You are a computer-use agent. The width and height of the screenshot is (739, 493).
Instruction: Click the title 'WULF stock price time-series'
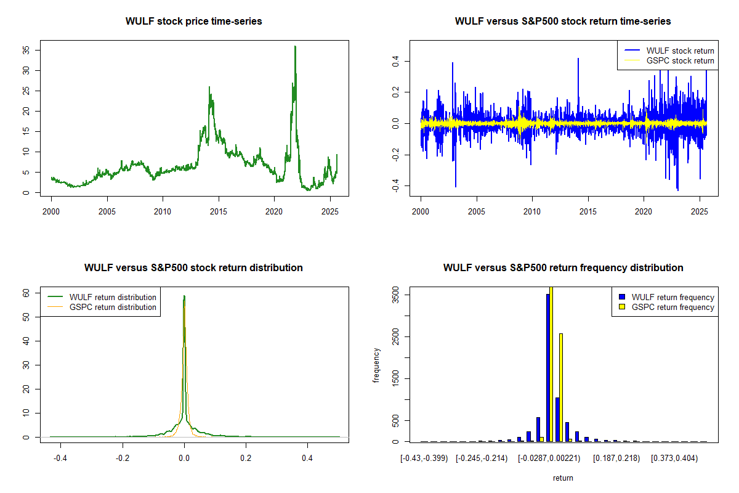(193, 21)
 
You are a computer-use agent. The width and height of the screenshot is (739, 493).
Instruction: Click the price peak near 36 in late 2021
(295, 47)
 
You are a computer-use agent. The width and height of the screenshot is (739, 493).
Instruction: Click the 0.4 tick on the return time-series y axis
(395, 61)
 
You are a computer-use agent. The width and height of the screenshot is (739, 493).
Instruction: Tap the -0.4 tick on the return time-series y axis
(395, 187)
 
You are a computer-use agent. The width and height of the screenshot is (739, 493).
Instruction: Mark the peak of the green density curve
(184, 296)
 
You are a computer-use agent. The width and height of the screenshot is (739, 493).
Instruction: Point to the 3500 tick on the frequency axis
(395, 295)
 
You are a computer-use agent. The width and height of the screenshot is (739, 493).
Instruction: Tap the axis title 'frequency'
(377, 365)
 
